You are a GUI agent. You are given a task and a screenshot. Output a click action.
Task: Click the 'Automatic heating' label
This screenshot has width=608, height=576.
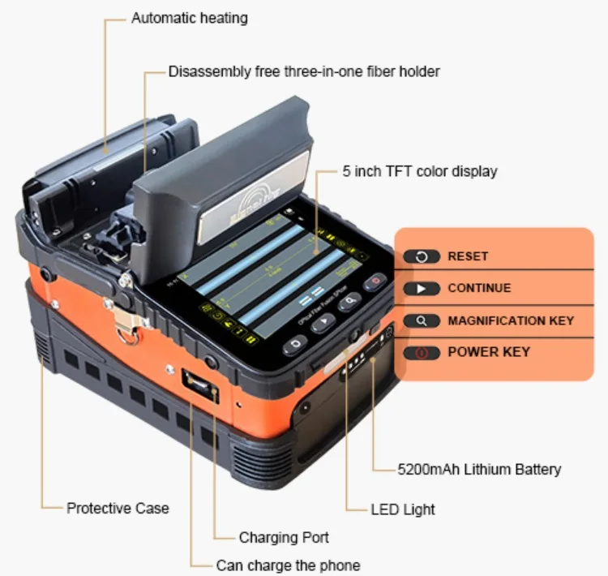click(x=190, y=18)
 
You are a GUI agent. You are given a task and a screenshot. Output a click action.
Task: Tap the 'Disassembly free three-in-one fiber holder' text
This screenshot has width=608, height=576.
click(x=304, y=71)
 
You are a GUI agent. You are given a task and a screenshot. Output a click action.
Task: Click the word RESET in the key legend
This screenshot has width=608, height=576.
click(x=468, y=256)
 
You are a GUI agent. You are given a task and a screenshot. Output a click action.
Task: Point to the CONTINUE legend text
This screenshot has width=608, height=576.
click(x=479, y=288)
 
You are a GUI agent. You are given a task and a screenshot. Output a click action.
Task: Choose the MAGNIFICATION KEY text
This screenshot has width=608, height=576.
click(x=510, y=320)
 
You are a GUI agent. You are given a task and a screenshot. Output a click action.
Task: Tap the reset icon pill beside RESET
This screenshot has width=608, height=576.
click(x=422, y=256)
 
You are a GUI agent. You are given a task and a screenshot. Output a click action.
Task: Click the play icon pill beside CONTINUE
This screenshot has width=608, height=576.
click(x=422, y=289)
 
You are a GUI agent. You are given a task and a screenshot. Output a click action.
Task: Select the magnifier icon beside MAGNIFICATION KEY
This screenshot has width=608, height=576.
click(x=422, y=320)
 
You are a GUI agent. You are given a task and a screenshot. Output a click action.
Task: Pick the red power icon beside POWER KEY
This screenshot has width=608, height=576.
click(x=422, y=353)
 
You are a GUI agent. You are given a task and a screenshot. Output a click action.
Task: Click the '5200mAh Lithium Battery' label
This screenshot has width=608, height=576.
click(x=479, y=469)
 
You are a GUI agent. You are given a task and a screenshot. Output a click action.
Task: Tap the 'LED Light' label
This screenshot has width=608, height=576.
click(x=403, y=509)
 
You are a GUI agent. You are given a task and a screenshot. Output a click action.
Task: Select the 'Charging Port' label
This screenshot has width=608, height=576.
click(x=284, y=537)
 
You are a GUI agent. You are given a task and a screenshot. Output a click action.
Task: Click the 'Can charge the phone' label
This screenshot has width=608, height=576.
click(x=288, y=565)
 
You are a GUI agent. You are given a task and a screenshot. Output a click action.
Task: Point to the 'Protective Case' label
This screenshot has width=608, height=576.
click(x=118, y=509)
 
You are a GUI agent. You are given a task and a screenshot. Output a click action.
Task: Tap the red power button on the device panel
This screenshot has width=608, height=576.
click(x=375, y=282)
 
